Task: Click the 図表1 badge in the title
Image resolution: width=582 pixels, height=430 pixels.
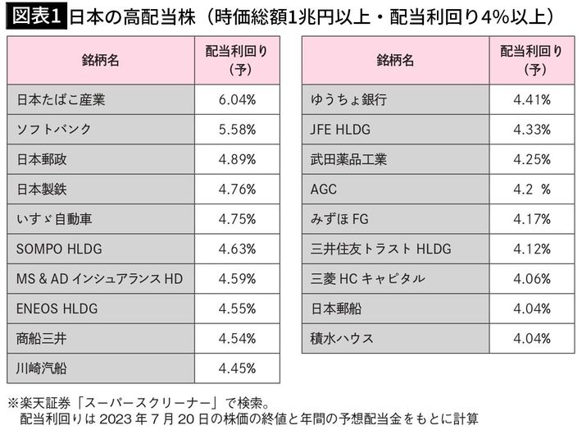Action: [35, 16]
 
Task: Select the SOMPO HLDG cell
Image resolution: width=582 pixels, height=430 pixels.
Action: [57, 249]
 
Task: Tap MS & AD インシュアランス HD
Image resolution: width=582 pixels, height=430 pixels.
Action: [99, 279]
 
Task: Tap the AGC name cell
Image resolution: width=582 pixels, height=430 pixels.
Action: [324, 190]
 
